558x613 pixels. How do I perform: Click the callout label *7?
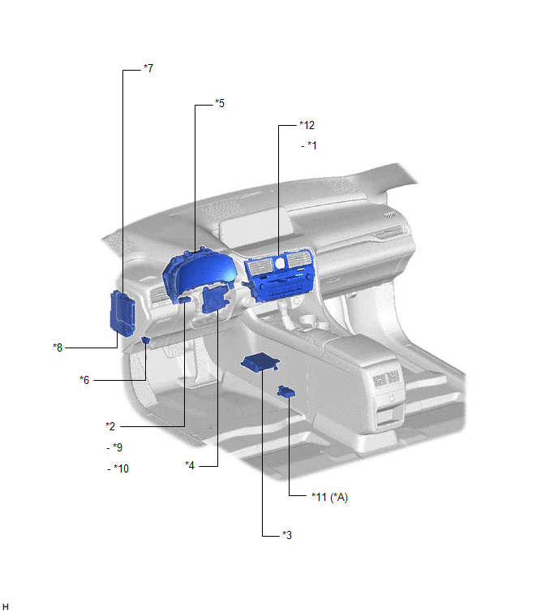point(148,68)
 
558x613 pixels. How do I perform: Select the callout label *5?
point(220,103)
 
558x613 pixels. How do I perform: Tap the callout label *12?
point(307,125)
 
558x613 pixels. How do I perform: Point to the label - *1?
point(309,145)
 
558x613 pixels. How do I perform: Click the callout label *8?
point(58,348)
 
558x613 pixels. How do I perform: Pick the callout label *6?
point(84,380)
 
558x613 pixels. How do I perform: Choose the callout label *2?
point(110,426)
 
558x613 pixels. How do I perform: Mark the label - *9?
point(114,447)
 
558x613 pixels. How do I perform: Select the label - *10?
point(118,468)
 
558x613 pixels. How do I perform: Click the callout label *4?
point(190,465)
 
